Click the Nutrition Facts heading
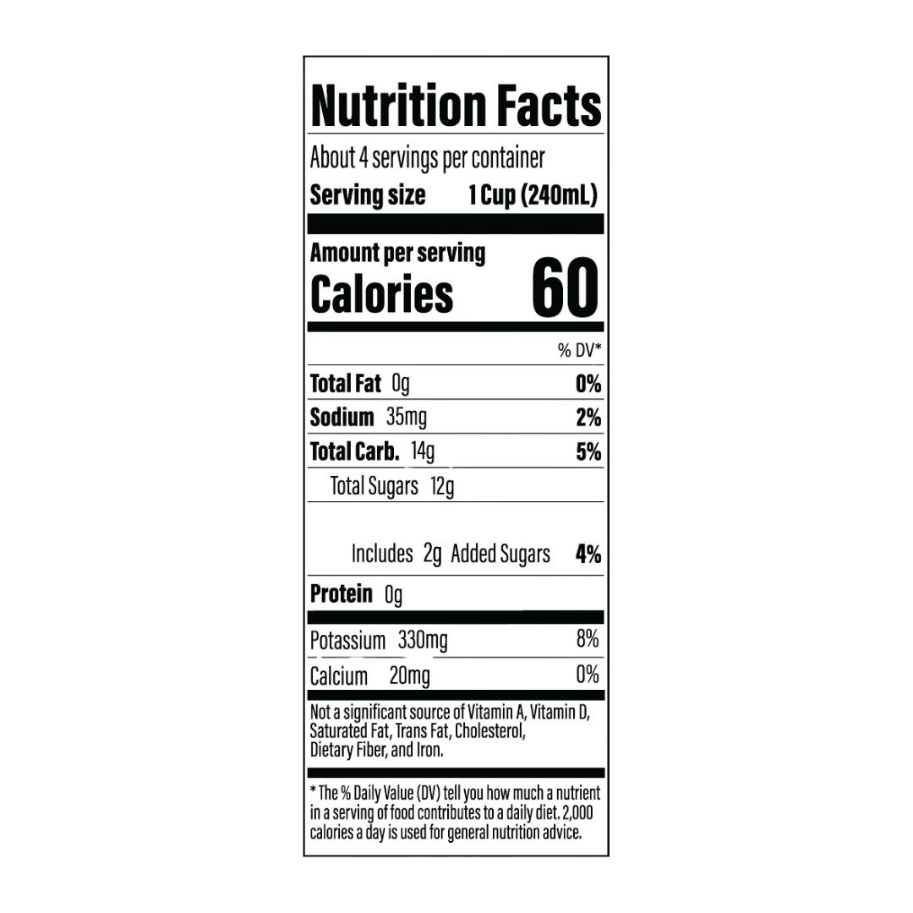pos(456,106)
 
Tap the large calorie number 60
pos(565,288)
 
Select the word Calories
pos(381,294)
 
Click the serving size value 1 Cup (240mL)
pos(533,195)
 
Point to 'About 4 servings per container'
pos(427,158)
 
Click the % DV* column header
pos(579,350)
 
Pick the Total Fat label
pos(345,384)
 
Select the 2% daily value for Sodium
pos(588,418)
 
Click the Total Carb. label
pos(354,451)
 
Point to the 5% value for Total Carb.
pos(588,451)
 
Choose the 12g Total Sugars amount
pos(442,487)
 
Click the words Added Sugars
pos(500,555)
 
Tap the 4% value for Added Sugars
pos(588,555)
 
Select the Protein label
pos(342,594)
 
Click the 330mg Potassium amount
pos(423,641)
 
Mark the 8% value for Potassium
pos(588,639)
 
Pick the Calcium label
pos(339,676)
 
